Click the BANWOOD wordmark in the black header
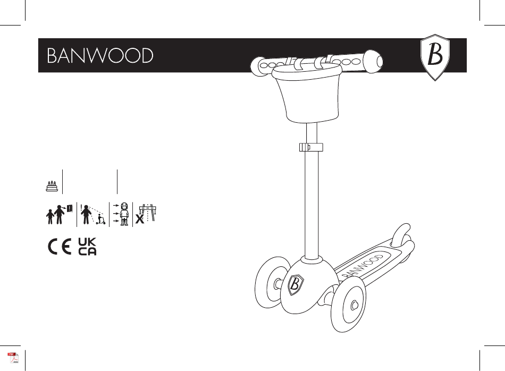(100, 56)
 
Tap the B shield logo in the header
(435, 58)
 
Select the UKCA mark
(87, 247)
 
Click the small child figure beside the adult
(50, 218)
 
